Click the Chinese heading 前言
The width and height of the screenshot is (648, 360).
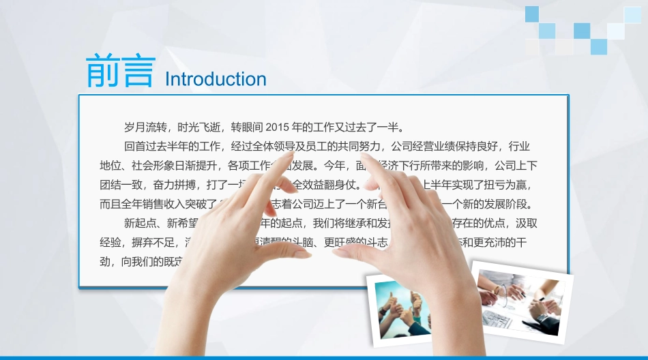point(121,71)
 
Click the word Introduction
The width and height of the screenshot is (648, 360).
point(216,79)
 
